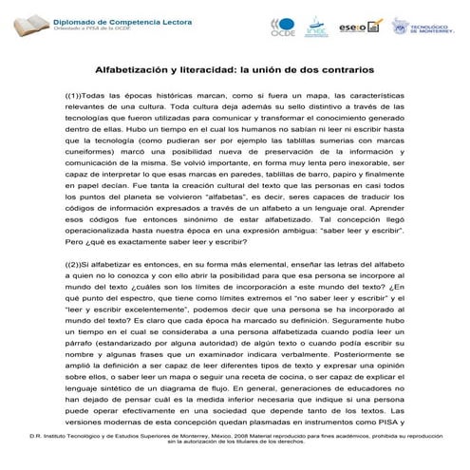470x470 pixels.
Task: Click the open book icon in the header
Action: click(24, 26)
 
